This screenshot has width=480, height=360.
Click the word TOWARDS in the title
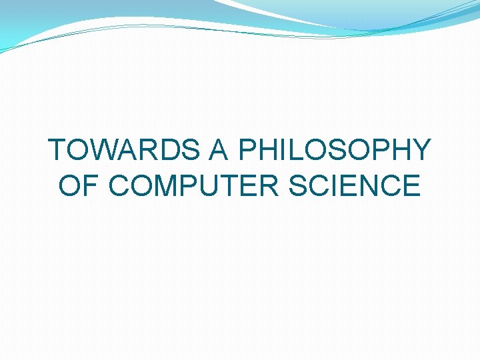125,150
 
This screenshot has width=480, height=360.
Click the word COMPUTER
193,185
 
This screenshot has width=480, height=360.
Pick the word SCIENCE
355,185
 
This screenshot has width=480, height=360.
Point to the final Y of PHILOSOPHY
421,150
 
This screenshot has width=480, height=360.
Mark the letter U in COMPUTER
205,185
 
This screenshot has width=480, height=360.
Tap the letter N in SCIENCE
373,185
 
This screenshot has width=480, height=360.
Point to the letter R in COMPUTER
268,185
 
